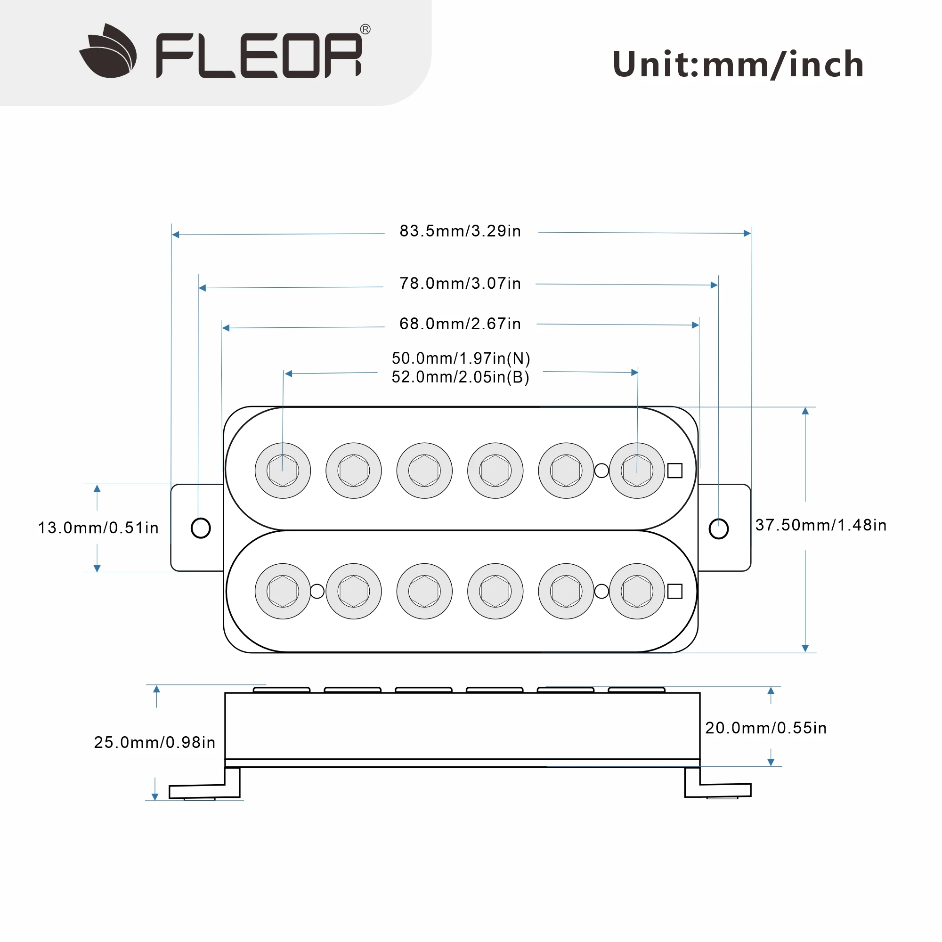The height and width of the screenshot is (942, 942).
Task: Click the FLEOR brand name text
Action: [259, 55]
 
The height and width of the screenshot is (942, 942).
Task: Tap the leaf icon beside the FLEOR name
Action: [108, 51]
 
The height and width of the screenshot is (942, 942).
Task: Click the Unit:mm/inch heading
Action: [738, 65]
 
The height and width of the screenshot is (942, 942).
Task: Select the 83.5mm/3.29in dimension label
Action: [460, 231]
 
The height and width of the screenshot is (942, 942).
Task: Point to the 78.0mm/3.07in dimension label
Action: [460, 283]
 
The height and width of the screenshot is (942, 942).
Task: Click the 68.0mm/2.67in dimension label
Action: [460, 324]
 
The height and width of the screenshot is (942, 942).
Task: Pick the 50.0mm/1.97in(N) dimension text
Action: [461, 358]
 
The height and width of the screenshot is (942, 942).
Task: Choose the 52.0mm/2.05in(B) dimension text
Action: [461, 377]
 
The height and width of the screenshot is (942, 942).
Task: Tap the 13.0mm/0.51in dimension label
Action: [98, 528]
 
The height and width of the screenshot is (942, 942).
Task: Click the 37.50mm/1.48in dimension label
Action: [820, 525]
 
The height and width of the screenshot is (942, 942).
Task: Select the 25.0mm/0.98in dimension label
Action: [154, 742]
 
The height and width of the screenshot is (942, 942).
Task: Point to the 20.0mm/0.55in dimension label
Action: [766, 728]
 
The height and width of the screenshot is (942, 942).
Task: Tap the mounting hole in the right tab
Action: [718, 528]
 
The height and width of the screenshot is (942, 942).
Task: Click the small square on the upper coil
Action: [675, 471]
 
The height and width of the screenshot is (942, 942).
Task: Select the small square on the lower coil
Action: [675, 592]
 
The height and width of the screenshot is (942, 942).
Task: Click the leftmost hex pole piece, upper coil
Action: [283, 471]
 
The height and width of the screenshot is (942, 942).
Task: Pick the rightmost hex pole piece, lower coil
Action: [637, 592]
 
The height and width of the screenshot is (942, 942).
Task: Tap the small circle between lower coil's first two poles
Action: [317, 592]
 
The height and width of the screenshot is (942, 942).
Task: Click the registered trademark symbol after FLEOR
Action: [365, 29]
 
